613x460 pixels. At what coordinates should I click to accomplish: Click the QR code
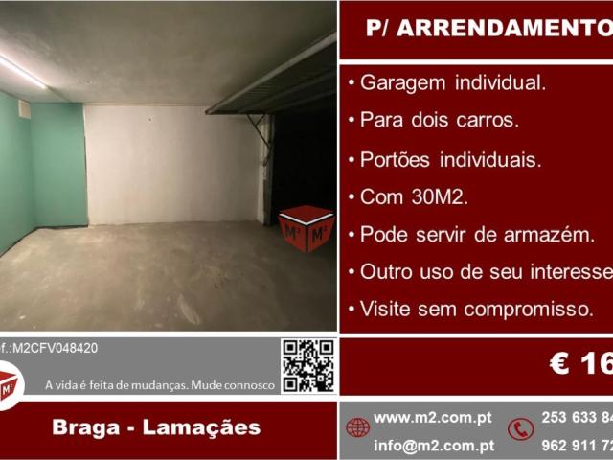tap(307, 365)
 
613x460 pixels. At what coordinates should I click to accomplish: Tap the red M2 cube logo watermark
tap(306, 228)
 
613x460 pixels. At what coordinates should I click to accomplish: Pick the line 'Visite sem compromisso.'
tap(475, 309)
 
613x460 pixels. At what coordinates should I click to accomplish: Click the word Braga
tap(87, 427)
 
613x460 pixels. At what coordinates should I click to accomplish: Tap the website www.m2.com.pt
tap(433, 418)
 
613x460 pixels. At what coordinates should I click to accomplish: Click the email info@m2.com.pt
tap(433, 445)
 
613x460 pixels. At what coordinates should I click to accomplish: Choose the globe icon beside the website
tap(358, 427)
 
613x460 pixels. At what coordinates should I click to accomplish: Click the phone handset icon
tap(521, 428)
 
